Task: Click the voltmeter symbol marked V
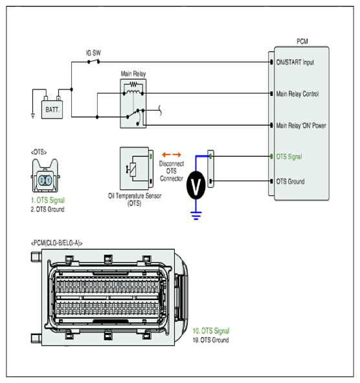click(x=196, y=185)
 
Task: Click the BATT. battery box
click(x=52, y=110)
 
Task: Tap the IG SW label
click(x=93, y=52)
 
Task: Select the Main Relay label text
click(x=133, y=73)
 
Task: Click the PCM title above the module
click(x=302, y=41)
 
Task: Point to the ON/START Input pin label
click(x=295, y=62)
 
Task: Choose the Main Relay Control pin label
click(x=297, y=94)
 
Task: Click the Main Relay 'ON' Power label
click(x=301, y=126)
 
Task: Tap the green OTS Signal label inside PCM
click(x=289, y=157)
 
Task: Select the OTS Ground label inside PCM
click(x=290, y=181)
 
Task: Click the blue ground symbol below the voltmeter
click(x=196, y=216)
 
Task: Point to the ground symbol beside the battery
click(x=33, y=116)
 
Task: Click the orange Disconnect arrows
click(x=172, y=155)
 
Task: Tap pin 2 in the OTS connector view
click(x=41, y=181)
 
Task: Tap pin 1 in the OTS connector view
click(x=49, y=181)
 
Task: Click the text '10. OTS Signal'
click(x=211, y=331)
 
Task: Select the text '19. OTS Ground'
click(x=210, y=340)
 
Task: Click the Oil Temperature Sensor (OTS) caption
click(x=135, y=200)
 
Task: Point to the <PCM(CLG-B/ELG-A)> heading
click(x=56, y=243)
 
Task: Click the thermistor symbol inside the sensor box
click(x=132, y=169)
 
